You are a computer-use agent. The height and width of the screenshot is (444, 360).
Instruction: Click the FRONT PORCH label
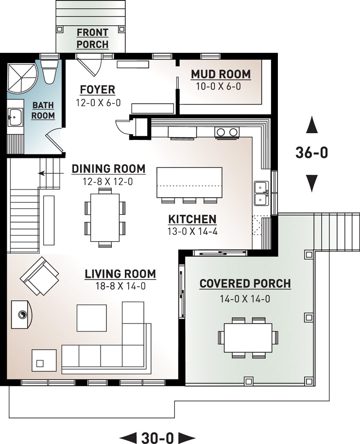92,38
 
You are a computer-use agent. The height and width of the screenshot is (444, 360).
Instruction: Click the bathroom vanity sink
15,117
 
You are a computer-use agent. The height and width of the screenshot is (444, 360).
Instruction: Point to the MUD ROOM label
221,74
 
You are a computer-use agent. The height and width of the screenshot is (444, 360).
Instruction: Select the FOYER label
98,90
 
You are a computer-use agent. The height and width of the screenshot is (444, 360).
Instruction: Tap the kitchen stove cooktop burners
227,132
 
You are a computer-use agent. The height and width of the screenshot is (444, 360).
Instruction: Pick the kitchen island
189,182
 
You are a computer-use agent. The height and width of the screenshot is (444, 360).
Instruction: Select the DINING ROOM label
108,169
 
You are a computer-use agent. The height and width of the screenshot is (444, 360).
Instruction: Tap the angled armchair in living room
39,276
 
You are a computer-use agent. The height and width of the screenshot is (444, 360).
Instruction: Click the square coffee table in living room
92,318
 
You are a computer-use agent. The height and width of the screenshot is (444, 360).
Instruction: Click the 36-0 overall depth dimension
312,153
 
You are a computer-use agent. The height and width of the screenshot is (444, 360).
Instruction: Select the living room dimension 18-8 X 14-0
120,286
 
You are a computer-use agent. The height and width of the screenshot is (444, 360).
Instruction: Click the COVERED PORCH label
245,284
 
